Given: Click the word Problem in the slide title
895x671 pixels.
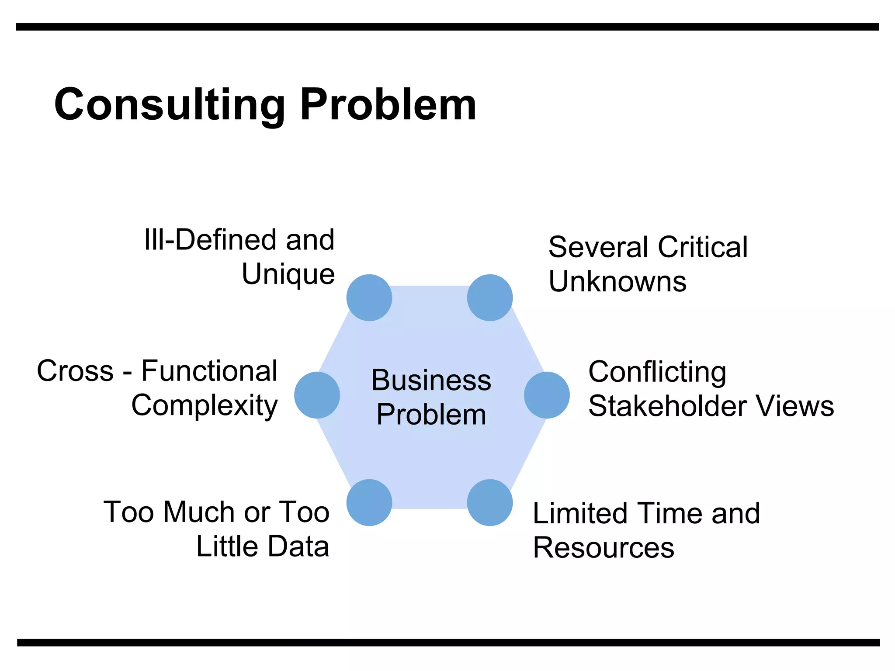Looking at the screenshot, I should tap(388, 105).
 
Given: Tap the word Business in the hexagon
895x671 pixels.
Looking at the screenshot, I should tap(431, 380).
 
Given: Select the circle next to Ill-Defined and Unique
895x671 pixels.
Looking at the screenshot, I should tap(369, 297).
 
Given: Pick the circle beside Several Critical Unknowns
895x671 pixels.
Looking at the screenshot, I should tap(489, 297).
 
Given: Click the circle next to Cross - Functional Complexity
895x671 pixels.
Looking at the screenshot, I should tap(317, 395).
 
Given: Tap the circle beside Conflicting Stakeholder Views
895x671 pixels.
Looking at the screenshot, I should tap(547, 395).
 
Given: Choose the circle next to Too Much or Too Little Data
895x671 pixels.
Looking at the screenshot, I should tap(369, 502).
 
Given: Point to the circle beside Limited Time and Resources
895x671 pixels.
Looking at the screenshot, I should tap(489, 502).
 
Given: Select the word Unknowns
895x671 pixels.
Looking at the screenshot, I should tap(617, 281).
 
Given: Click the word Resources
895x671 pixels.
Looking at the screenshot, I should tap(604, 548).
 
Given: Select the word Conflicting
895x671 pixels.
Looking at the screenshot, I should tap(657, 372).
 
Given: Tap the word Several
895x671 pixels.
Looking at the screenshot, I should tap(599, 247).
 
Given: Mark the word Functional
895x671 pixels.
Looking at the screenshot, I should tap(209, 371).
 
